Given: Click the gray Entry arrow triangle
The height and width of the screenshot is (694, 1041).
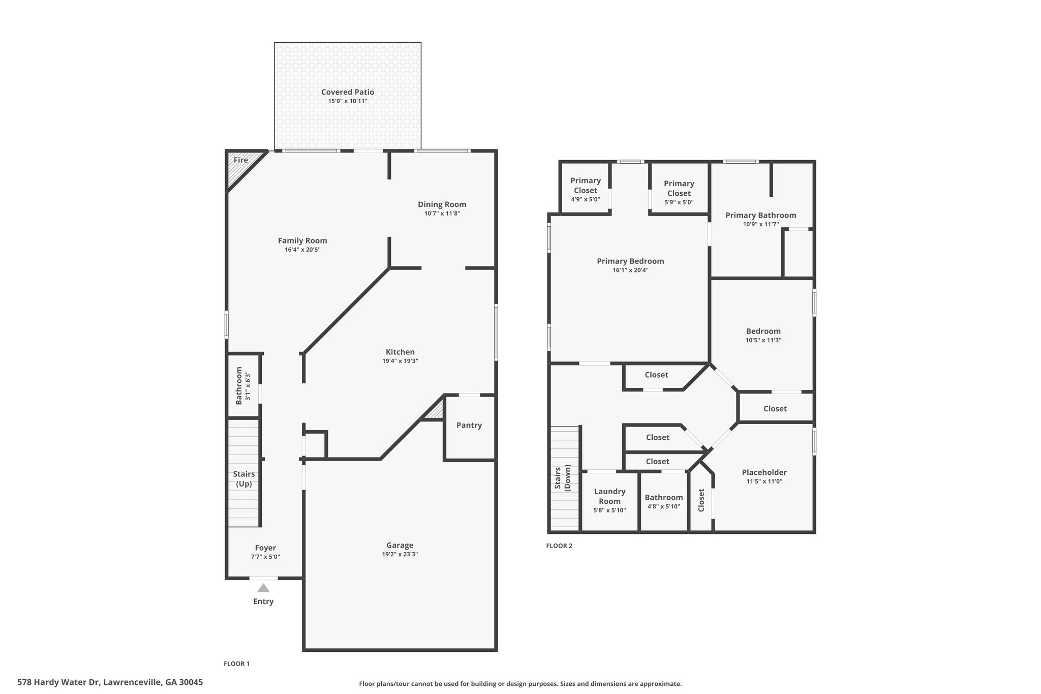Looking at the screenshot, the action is coord(263,588).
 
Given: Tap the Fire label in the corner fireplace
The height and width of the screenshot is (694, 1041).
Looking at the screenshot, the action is coord(241,160).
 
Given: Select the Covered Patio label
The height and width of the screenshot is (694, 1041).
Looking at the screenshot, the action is coord(348,92).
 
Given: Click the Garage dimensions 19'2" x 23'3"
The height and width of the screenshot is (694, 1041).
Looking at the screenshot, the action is coord(400,554).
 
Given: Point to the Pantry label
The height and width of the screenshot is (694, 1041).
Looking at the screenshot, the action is coord(469,425).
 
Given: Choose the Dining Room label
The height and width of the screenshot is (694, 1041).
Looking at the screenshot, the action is coord(442,204).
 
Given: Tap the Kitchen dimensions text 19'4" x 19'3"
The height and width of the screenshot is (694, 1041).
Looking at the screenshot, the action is coord(401,361).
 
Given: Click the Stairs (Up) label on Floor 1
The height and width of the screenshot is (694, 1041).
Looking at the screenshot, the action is coord(244,479).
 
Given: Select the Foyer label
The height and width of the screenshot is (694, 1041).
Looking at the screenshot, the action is coord(265,548).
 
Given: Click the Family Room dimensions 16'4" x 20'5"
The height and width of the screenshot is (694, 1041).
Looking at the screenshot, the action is coord(302,250).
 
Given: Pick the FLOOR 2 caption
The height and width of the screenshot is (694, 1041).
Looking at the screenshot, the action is coord(559,546).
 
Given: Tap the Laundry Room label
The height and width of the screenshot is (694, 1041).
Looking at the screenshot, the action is coord(610,496).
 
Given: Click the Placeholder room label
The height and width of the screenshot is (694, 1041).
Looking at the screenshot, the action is coord(764,472).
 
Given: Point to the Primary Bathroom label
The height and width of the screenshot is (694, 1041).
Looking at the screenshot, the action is coord(761,215).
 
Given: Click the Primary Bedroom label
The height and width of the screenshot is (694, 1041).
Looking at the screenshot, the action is coord(630,261).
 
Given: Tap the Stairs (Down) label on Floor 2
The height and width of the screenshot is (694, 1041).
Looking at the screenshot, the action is coord(563,478).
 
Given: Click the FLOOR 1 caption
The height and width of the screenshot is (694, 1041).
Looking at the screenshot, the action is coord(237,663).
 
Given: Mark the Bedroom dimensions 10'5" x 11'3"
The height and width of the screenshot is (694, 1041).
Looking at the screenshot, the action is coord(763,340).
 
